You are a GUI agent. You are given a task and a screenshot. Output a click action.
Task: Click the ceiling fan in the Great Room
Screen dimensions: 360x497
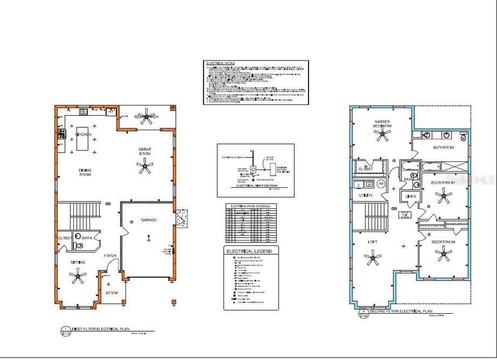point(145,168)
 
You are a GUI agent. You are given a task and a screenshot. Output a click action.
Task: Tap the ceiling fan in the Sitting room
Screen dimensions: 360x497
point(77,276)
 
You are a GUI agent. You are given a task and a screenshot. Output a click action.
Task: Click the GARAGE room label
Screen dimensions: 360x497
point(149,220)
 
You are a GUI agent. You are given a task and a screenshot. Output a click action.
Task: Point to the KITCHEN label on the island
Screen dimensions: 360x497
point(83,135)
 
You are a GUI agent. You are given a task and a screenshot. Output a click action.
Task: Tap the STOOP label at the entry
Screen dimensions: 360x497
point(112,293)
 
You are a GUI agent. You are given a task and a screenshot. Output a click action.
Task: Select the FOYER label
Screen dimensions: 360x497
point(110,256)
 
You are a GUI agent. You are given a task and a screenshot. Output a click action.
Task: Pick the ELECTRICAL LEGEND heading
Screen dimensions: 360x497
point(248,251)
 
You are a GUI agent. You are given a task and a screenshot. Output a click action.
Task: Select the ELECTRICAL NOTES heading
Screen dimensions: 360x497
point(220,63)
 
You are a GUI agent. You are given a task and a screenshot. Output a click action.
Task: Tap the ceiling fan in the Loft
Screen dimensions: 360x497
point(373,259)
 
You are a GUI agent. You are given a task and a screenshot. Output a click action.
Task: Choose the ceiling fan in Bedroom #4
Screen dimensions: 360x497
point(444,255)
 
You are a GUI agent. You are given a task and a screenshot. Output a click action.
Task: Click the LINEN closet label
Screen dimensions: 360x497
point(411,196)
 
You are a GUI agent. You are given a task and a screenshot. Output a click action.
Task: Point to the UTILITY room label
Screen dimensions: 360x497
point(366,196)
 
